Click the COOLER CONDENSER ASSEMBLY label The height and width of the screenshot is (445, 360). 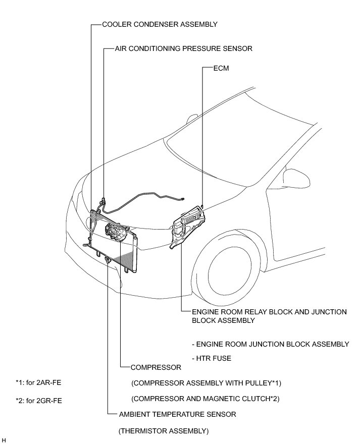click(x=160, y=24)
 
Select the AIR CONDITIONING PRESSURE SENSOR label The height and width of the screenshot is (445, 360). click(x=183, y=49)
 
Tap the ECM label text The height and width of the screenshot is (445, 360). click(x=221, y=68)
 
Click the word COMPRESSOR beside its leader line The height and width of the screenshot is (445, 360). click(x=156, y=367)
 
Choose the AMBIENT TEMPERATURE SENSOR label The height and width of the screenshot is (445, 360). click(x=177, y=414)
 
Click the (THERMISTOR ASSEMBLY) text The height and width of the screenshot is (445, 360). click(x=163, y=431)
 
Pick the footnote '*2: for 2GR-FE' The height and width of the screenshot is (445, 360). click(x=39, y=401)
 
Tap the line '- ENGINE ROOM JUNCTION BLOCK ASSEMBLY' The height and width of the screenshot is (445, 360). click(x=270, y=344)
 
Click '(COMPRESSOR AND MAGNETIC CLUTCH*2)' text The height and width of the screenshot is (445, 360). click(x=205, y=399)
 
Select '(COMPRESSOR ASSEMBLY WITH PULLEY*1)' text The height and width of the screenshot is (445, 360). click(x=206, y=383)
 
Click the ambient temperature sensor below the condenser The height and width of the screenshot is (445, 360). click(x=108, y=260)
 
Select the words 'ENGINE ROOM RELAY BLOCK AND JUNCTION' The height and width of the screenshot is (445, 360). click(x=269, y=312)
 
